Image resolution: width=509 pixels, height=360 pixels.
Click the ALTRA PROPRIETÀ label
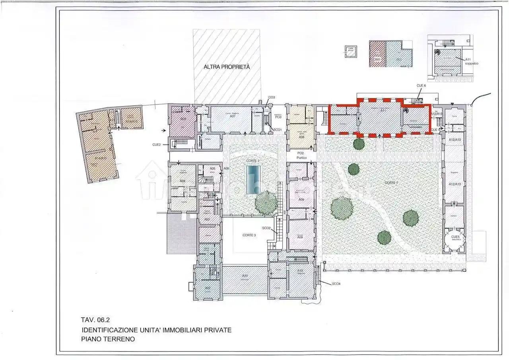coord(227,67)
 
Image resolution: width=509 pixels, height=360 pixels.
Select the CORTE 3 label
coord(249,235)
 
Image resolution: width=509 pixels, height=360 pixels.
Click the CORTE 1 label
coord(391,183)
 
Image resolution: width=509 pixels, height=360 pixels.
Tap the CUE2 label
coord(156,144)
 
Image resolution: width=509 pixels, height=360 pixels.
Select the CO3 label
coord(272,97)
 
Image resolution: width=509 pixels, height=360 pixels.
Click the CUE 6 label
coord(421,86)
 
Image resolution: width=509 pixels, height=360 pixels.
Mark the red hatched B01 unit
coord(377,54)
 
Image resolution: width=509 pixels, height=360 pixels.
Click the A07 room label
coord(233,116)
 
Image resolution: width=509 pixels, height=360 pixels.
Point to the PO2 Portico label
coord(301,155)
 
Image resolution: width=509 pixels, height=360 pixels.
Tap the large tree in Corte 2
coord(266,202)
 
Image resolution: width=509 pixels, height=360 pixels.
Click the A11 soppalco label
coord(470,61)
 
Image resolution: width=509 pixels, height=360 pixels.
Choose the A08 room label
coord(301,137)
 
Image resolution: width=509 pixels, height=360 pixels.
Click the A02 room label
coord(208,288)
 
